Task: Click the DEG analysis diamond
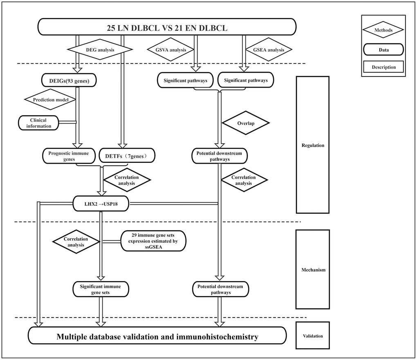[100, 50]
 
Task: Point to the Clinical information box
[38, 123]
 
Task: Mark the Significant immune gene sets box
[100, 289]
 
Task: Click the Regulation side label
[312, 145]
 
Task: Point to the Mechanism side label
[312, 270]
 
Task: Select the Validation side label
[312, 336]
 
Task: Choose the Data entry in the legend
[383, 49]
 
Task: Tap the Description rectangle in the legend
[383, 67]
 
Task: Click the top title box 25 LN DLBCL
[167, 28]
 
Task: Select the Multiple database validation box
[157, 337]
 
